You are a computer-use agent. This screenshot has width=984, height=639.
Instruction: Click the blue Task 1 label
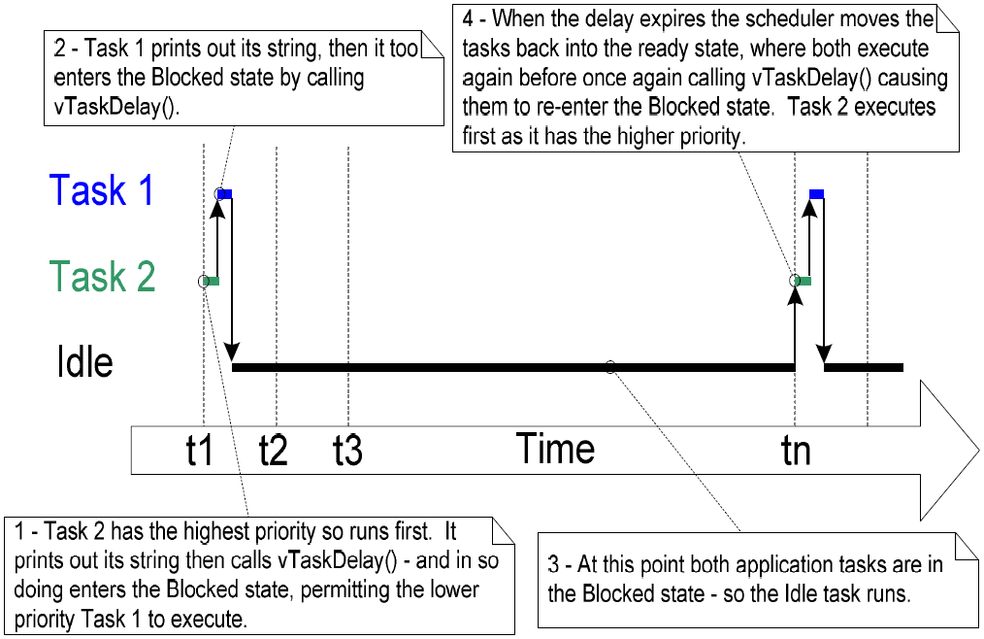(102, 190)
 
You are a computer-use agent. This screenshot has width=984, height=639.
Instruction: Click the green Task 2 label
(102, 278)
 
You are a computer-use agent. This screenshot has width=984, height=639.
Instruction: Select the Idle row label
(84, 363)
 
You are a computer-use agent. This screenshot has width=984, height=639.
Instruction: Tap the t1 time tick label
(199, 450)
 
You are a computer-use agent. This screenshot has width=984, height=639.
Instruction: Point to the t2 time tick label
(273, 450)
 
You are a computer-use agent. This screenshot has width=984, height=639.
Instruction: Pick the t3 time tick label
(346, 450)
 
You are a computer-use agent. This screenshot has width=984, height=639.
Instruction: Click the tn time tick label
(796, 450)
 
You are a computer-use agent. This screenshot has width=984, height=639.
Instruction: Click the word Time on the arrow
(555, 449)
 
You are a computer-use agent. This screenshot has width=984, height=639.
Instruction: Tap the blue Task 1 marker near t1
(225, 195)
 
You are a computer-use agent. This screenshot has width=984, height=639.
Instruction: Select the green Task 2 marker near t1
(213, 282)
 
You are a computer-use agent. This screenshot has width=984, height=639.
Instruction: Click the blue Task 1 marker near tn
(816, 194)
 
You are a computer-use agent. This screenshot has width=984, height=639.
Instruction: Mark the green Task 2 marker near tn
(804, 281)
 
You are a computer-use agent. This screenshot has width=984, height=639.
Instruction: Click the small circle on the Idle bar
(609, 367)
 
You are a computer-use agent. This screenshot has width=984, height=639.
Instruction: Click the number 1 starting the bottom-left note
(21, 531)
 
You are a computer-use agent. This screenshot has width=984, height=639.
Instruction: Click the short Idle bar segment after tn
(864, 367)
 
